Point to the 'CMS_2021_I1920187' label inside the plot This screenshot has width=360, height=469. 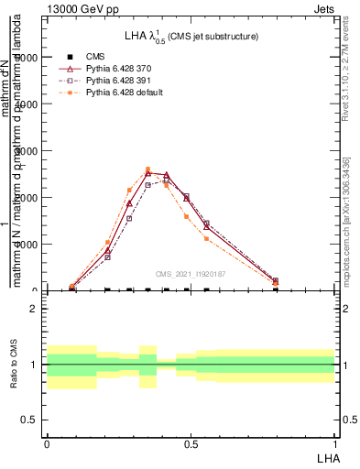[191, 274]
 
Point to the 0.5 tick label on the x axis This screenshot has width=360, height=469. [191, 443]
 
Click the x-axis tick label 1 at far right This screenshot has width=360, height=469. [335, 443]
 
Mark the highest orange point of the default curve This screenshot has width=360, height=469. [147, 169]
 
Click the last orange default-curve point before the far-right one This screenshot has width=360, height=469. [206, 238]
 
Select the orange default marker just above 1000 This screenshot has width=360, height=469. [107, 242]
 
